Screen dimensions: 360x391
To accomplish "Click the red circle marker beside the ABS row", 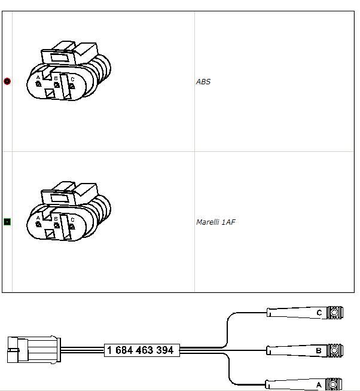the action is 7,81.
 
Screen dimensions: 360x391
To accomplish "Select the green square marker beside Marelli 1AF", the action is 7,222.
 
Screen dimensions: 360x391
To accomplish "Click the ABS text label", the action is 203,81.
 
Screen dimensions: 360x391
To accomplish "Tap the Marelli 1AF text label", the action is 215,222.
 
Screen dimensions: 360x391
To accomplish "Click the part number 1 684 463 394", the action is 140,350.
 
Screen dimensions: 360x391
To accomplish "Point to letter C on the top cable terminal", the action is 319,313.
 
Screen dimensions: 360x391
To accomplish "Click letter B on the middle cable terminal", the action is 319,350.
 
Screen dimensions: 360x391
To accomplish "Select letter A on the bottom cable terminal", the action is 319,385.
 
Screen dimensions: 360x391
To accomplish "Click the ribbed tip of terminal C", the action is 335,313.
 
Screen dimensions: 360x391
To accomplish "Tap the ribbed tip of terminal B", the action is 335,350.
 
